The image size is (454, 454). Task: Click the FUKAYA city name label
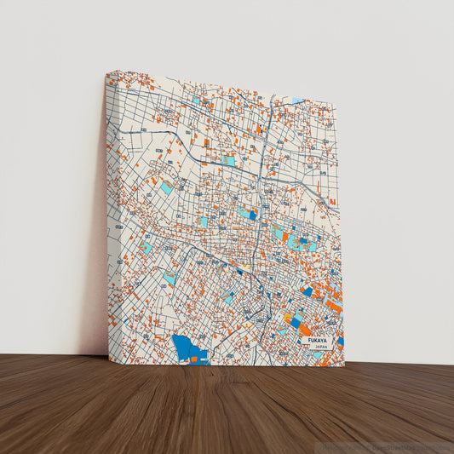click(314, 341)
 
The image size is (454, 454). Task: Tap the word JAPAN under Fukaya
click(320, 348)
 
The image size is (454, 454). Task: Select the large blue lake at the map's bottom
click(188, 348)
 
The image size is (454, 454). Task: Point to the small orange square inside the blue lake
click(193, 359)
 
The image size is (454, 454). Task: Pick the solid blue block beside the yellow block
click(296, 324)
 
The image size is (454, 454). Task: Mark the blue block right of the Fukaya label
click(340, 342)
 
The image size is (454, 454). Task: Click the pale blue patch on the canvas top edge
click(296, 100)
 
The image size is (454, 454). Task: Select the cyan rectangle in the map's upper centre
click(228, 159)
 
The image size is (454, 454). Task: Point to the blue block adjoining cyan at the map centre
click(253, 215)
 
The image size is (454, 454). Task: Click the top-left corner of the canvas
click(106, 72)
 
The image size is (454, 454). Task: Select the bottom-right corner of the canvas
click(344, 366)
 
